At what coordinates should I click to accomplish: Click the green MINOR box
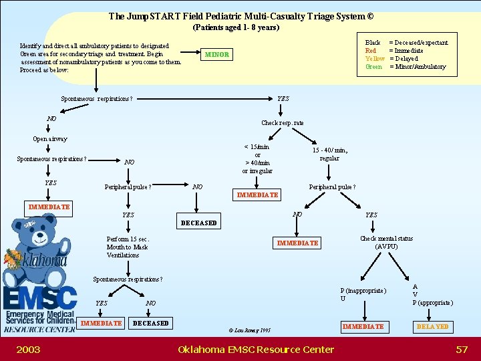[216, 54]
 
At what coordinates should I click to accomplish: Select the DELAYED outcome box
[433, 326]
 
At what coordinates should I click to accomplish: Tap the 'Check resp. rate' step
[282, 123]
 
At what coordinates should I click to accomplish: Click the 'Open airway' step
[50, 139]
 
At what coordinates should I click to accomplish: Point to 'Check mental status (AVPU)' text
[386, 242]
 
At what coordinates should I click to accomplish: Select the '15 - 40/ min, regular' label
[330, 154]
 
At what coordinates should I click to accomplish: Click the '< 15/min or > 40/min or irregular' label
[257, 158]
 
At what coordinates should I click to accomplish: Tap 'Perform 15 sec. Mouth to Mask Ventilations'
[128, 247]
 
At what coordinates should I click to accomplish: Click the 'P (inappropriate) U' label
[363, 294]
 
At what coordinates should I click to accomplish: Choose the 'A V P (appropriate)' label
[432, 294]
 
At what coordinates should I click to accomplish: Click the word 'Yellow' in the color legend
[374, 59]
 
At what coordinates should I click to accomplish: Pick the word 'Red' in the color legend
[370, 51]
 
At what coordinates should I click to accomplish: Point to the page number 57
[462, 349]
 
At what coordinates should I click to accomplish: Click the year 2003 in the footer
[28, 349]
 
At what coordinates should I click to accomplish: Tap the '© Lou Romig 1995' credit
[249, 330]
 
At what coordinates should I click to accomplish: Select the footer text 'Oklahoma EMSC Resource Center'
[256, 349]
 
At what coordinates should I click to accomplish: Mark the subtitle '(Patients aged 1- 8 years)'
[236, 27]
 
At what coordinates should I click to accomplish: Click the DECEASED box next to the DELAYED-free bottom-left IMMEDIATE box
[151, 323]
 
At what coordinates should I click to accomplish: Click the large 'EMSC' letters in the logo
[40, 297]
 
